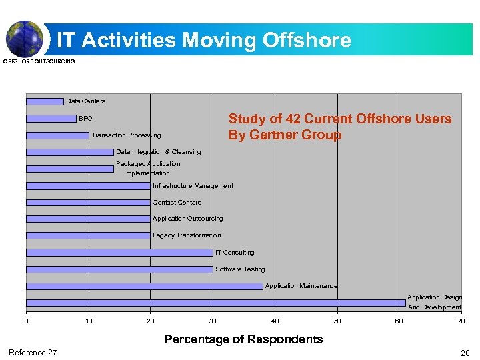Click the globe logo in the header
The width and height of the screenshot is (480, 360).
click(x=24, y=38)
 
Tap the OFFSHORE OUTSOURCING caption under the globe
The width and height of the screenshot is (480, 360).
click(x=39, y=61)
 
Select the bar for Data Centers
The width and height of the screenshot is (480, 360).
click(x=45, y=101)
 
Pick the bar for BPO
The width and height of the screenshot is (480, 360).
click(x=51, y=119)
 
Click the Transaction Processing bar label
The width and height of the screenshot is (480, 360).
click(x=126, y=135)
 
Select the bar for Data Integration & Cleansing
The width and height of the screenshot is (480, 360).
click(x=70, y=152)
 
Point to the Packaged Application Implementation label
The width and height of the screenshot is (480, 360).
click(x=147, y=168)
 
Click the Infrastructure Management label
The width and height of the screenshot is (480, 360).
click(x=193, y=186)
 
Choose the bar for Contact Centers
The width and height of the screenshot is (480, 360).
click(x=88, y=202)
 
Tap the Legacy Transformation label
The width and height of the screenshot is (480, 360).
click(x=187, y=235)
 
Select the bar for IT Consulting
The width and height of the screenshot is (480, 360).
click(x=119, y=253)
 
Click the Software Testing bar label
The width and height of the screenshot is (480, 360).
click(x=240, y=269)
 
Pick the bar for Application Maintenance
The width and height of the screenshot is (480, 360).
click(x=144, y=286)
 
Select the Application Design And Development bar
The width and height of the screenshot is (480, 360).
click(x=215, y=303)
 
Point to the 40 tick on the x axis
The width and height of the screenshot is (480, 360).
click(x=275, y=321)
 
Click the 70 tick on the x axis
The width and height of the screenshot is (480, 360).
click(x=461, y=321)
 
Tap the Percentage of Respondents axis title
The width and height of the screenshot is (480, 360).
click(x=243, y=339)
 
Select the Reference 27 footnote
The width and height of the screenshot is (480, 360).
click(x=33, y=353)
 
